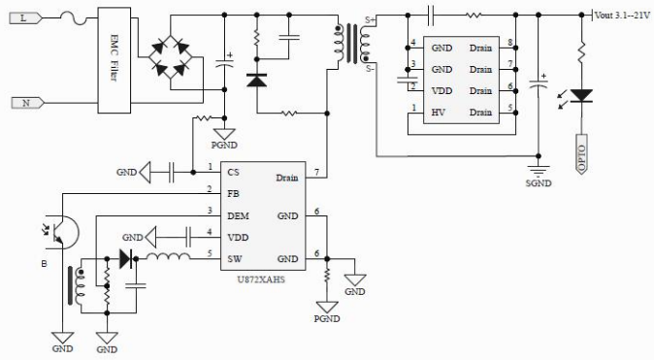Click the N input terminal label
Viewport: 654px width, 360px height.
[26, 101]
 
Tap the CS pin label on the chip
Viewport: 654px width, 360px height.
[233, 172]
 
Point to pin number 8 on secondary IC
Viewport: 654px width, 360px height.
[508, 47]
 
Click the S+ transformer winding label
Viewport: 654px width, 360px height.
[372, 21]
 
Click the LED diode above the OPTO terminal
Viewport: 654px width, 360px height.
[582, 94]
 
